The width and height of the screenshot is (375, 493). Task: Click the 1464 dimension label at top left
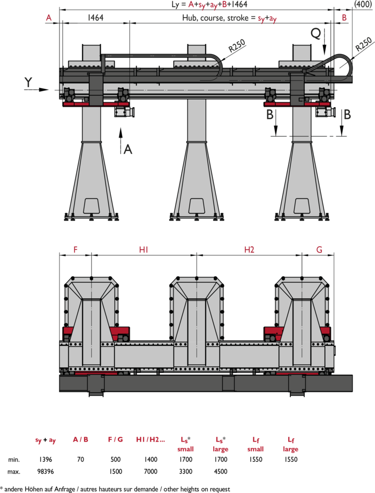pyautogui.click(x=95, y=17)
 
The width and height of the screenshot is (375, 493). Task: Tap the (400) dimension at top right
pyautogui.click(x=363, y=4)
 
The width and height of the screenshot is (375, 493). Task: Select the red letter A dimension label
pyautogui.click(x=49, y=18)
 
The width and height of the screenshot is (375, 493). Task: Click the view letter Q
pyautogui.click(x=316, y=33)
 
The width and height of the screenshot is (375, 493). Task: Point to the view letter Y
pyautogui.click(x=28, y=82)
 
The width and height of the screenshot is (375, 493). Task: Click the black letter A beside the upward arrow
pyautogui.click(x=127, y=149)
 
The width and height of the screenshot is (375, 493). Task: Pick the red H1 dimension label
pyautogui.click(x=144, y=249)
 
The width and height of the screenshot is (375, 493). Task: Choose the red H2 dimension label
pyautogui.click(x=249, y=249)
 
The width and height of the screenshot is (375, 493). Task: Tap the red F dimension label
pyautogui.click(x=75, y=249)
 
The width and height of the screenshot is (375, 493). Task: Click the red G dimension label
pyautogui.click(x=319, y=249)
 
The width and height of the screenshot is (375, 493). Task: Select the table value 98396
pyautogui.click(x=46, y=471)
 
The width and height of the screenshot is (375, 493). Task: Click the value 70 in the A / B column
pyautogui.click(x=80, y=459)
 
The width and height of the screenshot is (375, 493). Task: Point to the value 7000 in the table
pyautogui.click(x=151, y=471)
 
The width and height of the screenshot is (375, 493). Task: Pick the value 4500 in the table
pyautogui.click(x=221, y=471)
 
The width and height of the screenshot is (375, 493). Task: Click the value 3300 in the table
pyautogui.click(x=185, y=471)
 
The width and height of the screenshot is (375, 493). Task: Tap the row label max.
pyautogui.click(x=14, y=472)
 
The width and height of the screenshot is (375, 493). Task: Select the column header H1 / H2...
pyautogui.click(x=151, y=439)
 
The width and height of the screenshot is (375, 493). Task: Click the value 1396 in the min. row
pyautogui.click(x=46, y=459)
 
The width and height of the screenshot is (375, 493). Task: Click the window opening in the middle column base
pyautogui.click(x=197, y=206)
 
